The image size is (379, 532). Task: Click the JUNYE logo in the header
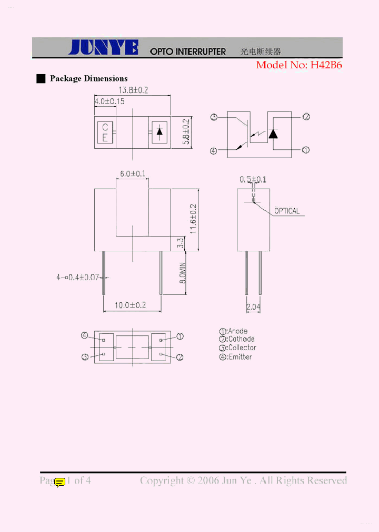coord(103,48)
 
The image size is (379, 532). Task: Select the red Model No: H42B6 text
coord(298,65)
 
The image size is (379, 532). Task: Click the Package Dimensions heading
coord(88,79)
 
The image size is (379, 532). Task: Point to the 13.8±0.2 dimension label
coord(132,90)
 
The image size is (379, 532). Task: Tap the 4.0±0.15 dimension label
coord(109,101)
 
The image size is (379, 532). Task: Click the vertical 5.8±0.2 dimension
coord(186,132)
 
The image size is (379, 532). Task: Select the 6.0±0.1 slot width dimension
coord(132,173)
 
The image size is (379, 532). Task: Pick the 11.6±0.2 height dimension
coord(193,219)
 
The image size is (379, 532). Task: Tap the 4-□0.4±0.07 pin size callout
coord(78,277)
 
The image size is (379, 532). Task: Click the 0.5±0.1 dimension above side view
coord(253,180)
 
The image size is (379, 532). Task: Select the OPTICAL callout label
coord(287,211)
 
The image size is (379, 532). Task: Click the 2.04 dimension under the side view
coord(253,306)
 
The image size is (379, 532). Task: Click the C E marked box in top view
coord(105,132)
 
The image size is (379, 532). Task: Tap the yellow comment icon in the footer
coord(60,482)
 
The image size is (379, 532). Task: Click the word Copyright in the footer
coord(162,480)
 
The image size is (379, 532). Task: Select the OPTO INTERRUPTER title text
coord(188,52)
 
